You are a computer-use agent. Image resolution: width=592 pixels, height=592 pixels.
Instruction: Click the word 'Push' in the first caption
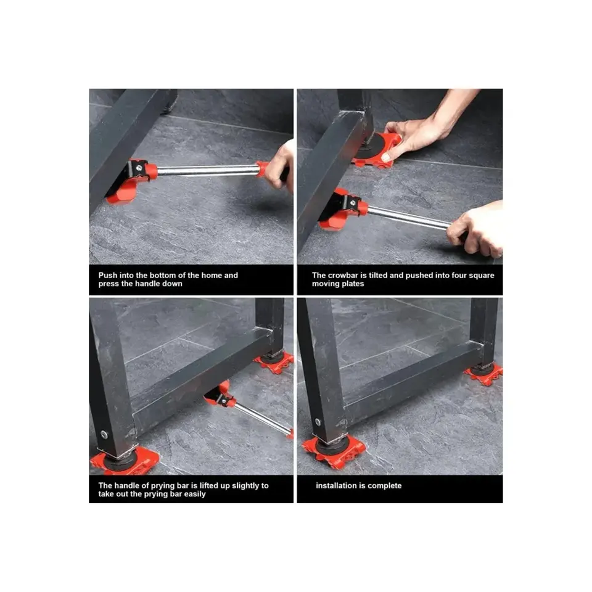pos(107,275)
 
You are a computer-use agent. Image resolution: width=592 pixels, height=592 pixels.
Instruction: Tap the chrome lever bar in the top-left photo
pos(207,170)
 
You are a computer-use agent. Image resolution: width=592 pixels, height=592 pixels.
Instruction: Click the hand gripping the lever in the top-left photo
pos(280,166)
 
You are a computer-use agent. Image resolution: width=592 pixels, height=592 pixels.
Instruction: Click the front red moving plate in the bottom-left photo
pos(125,461)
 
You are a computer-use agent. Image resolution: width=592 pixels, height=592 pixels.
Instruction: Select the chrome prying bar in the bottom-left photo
pos(263,418)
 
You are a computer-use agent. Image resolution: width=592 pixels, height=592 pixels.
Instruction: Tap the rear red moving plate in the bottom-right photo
pos(484,374)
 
